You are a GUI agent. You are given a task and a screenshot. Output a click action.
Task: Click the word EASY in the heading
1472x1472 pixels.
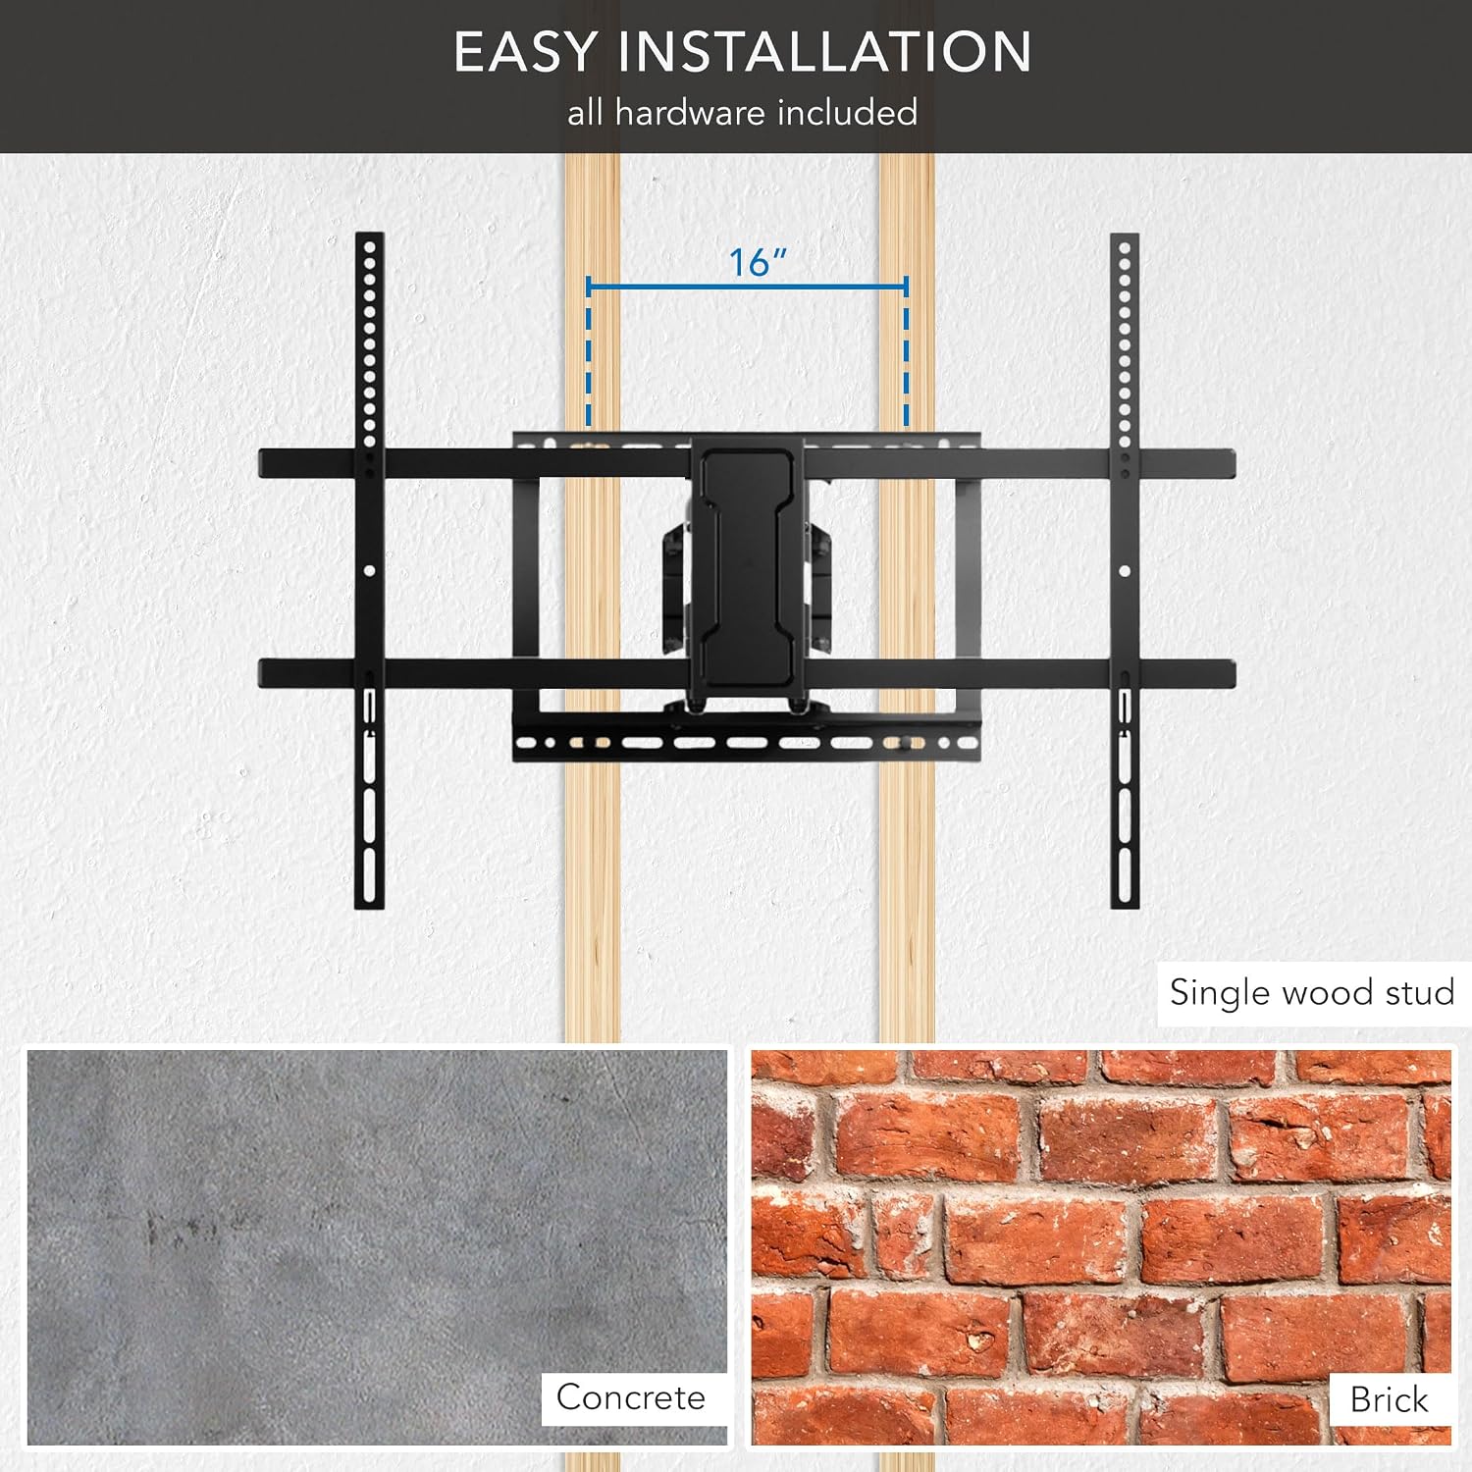pos(524,52)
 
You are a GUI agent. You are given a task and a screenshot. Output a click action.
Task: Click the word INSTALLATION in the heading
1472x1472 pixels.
pos(824,52)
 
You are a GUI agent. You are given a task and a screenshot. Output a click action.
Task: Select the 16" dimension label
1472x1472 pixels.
pos(758,262)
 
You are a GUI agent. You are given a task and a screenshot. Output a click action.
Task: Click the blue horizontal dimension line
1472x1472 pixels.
pos(747,287)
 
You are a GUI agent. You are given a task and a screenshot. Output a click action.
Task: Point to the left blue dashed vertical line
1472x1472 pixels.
pos(589,353)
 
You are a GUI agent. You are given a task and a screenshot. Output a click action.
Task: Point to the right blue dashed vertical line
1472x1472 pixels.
pos(906,353)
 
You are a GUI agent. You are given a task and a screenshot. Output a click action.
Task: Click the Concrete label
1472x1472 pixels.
pos(631,1396)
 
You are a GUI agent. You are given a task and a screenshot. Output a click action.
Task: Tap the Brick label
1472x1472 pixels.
pos(1389,1398)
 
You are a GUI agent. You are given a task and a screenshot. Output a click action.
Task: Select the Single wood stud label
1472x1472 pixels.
pos(1312,992)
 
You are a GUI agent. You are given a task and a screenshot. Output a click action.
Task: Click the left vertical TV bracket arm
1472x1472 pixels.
pos(369,570)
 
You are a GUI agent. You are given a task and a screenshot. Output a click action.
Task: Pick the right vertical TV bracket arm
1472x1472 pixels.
pos(1125,570)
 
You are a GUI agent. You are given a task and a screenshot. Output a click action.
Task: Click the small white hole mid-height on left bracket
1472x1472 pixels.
pos(369,570)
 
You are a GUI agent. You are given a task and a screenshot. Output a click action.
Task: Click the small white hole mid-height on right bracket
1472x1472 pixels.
pos(1125,570)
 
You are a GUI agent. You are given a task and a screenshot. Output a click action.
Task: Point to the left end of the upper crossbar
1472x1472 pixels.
pos(261,464)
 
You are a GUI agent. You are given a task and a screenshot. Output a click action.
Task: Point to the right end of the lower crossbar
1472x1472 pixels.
pos(1233,674)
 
